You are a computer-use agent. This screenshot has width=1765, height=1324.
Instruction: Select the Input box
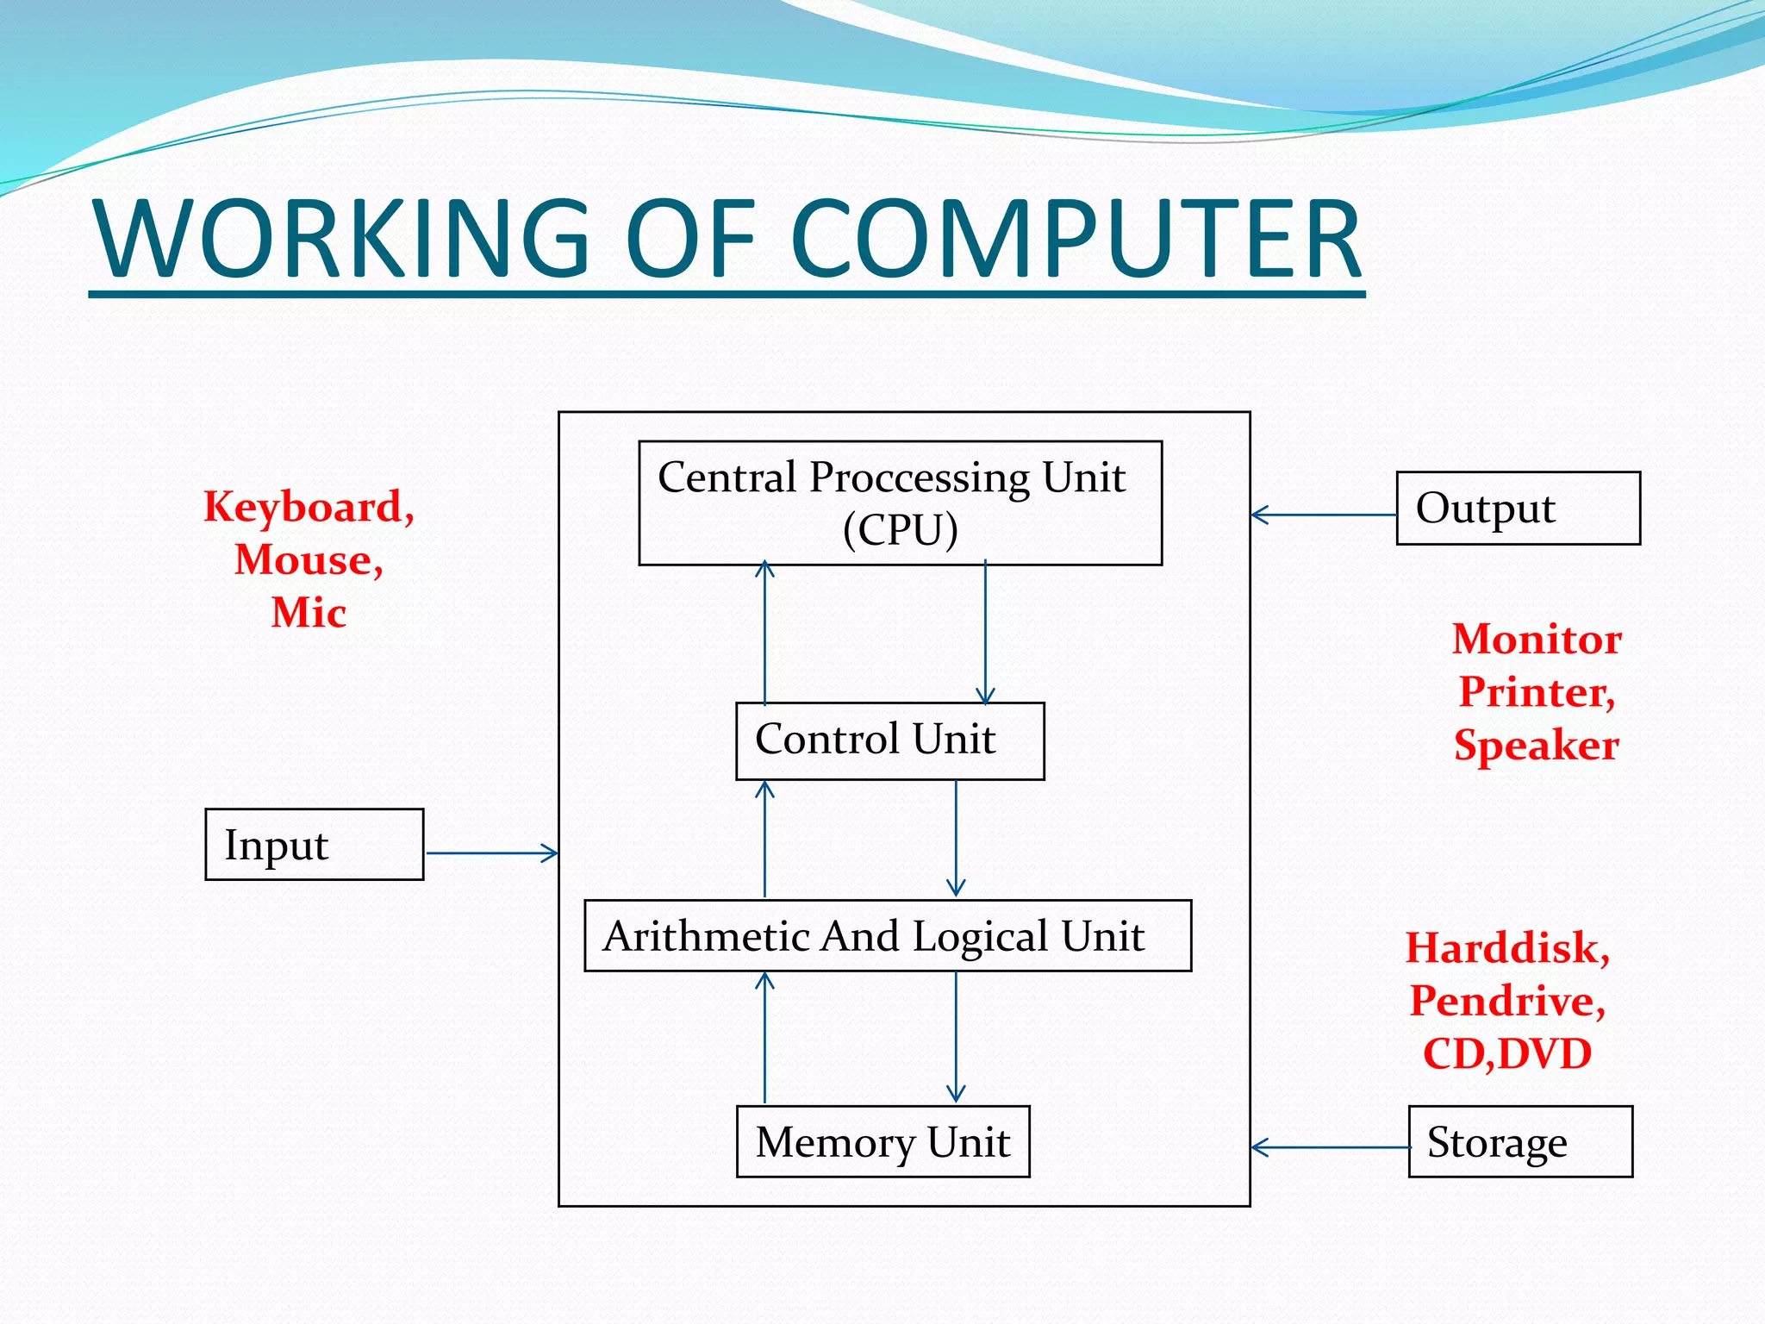click(314, 845)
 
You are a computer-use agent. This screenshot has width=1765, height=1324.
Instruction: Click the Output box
click(1518, 509)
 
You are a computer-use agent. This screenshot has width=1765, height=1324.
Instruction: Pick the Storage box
click(1520, 1141)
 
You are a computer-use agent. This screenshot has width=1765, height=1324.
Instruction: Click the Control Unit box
click(889, 740)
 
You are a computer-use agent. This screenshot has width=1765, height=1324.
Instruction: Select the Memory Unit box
click(882, 1141)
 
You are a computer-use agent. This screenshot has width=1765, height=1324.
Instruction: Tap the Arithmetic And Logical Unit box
click(888, 936)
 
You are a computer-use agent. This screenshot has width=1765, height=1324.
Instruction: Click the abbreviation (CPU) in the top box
click(900, 529)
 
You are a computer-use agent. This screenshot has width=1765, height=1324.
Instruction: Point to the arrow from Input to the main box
click(491, 853)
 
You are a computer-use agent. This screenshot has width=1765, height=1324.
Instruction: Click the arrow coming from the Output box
click(1324, 515)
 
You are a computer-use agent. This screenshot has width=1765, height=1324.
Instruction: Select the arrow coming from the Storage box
click(1329, 1147)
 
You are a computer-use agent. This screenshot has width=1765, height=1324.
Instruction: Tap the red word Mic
click(309, 613)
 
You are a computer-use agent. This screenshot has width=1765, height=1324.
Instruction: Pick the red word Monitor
click(1537, 640)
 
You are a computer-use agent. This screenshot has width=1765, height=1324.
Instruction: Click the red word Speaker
click(1537, 746)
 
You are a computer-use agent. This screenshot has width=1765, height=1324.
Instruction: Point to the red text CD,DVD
click(1506, 1054)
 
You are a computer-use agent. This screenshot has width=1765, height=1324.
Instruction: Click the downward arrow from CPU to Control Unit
click(985, 634)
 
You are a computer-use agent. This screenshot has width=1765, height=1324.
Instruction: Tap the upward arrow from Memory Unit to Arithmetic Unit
click(764, 1038)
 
